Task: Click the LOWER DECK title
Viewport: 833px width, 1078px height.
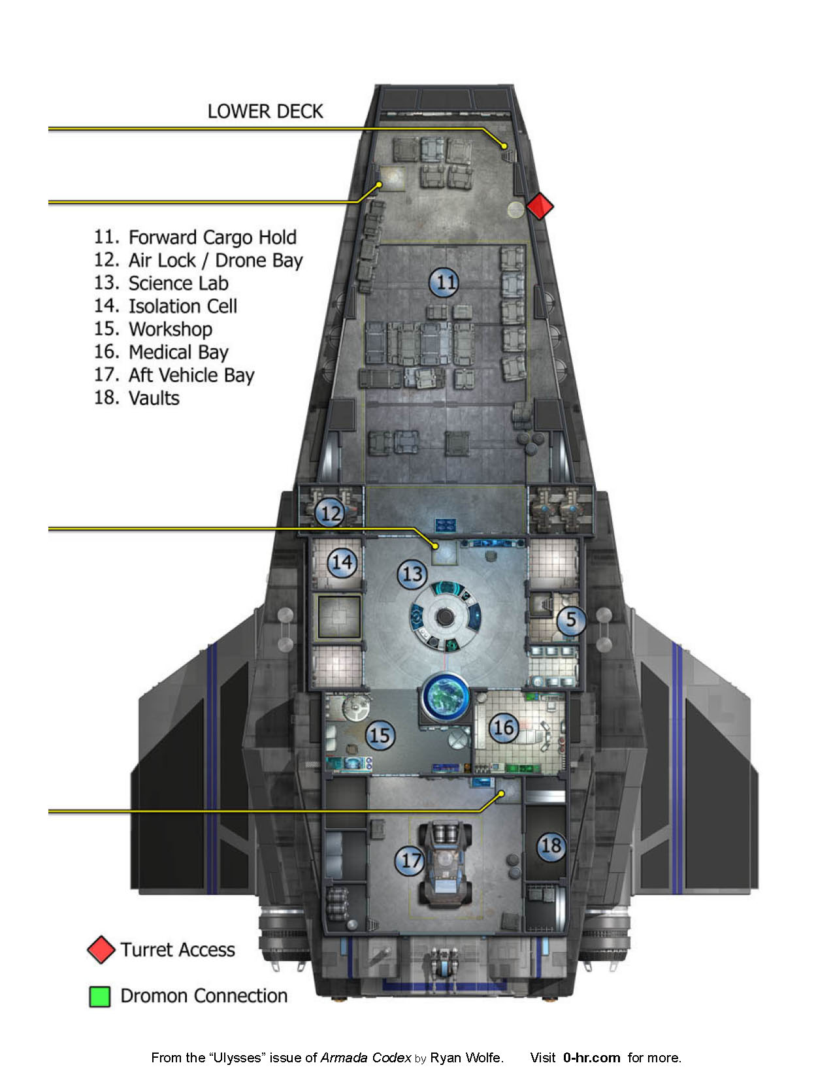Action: coord(265,112)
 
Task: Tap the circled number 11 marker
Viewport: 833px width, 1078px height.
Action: coord(444,282)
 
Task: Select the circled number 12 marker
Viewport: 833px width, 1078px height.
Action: coord(330,513)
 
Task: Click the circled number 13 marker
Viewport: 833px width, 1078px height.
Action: coord(412,574)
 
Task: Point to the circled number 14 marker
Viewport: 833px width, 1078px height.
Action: coord(342,563)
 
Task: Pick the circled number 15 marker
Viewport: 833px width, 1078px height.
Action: coord(380,735)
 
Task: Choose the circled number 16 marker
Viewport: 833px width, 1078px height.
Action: coord(503,727)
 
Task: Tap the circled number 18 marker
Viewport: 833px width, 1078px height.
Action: coord(551,846)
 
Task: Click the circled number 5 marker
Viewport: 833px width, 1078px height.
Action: coord(571,619)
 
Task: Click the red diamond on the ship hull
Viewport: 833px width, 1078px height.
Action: coord(540,206)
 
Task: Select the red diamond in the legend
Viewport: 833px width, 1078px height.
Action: coord(101,950)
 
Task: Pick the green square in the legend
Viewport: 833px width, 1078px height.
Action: coord(100,996)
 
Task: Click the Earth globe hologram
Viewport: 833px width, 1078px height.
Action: coord(446,696)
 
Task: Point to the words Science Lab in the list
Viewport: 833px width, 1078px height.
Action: coord(178,284)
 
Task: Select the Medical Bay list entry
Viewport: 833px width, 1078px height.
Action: coord(178,352)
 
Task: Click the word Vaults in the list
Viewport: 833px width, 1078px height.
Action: coord(154,398)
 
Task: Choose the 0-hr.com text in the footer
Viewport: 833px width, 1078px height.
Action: coord(591,1058)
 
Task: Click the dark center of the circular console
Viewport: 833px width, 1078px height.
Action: coord(444,616)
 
